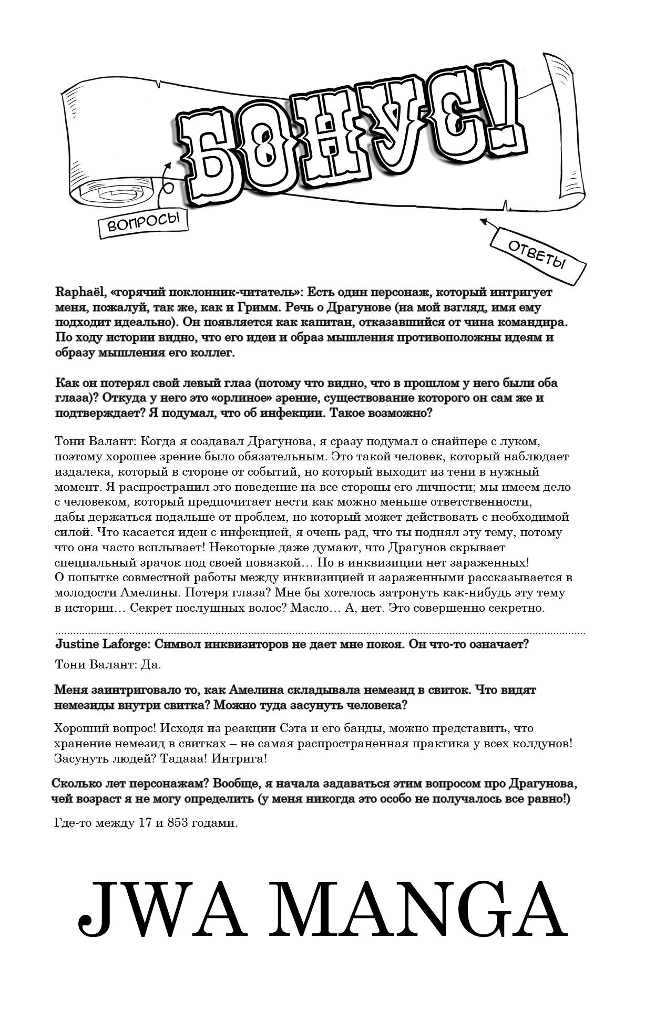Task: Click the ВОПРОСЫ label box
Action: (143, 223)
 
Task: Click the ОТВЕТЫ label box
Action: (536, 255)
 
